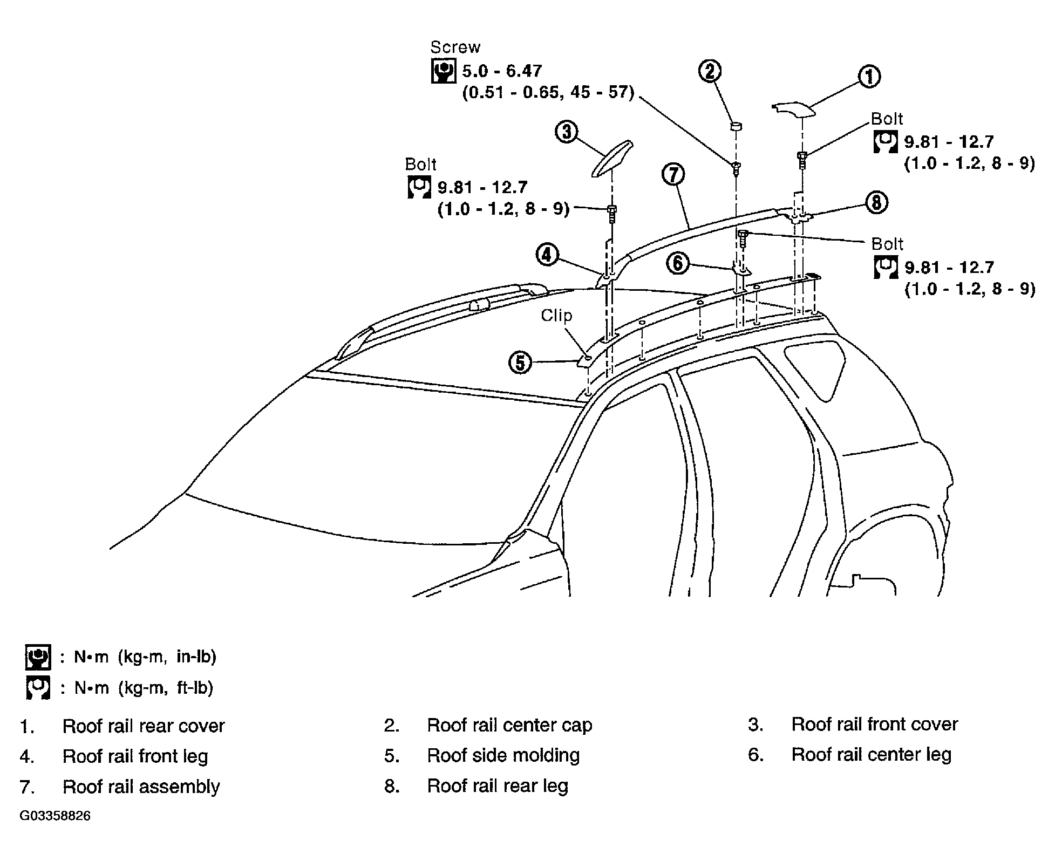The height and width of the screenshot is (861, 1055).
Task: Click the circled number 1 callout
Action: coord(869,77)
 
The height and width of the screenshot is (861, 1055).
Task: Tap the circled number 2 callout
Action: coord(711,71)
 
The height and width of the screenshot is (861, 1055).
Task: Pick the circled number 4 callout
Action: coord(547,255)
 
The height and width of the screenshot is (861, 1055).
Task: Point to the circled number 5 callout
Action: coord(520,363)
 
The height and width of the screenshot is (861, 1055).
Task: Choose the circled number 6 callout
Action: coord(678,263)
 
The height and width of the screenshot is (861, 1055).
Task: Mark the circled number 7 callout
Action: coord(673,175)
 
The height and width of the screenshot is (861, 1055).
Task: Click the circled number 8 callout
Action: coord(876,203)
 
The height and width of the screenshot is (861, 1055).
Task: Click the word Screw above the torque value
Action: coord(455,47)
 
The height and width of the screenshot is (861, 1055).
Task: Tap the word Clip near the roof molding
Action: coord(556,316)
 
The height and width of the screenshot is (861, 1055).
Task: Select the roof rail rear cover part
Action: coord(794,110)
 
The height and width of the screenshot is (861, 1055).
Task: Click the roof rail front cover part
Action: coord(612,159)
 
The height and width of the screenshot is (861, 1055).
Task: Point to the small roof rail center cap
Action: coord(736,127)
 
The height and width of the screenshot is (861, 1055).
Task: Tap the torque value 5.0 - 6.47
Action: coord(502,71)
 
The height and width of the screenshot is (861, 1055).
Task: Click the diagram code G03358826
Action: coord(55,815)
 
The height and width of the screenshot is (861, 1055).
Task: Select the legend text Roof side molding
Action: coord(503,755)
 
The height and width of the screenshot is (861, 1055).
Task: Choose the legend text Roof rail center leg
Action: coord(871,754)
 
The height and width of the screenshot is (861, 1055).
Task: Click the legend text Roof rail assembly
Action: coord(141,787)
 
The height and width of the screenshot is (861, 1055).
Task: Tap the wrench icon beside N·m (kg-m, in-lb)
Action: coord(38,657)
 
